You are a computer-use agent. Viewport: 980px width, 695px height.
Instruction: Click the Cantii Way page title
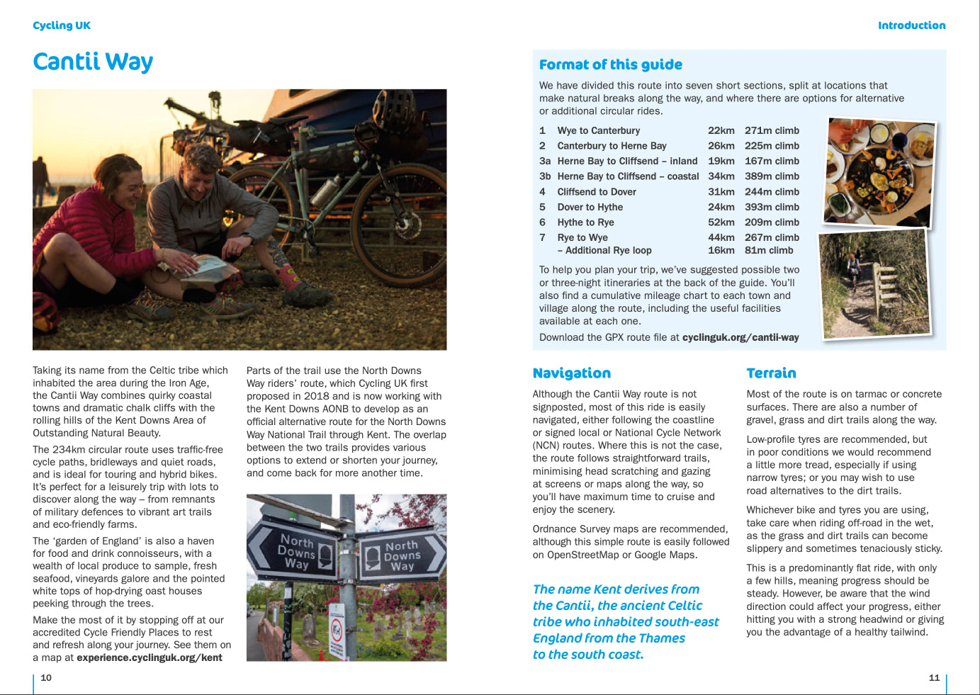click(x=93, y=62)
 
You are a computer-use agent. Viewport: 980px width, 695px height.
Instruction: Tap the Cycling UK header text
click(x=62, y=26)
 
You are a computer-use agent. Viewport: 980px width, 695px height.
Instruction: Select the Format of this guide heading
click(x=610, y=64)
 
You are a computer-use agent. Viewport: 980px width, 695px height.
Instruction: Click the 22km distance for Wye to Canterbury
click(x=721, y=130)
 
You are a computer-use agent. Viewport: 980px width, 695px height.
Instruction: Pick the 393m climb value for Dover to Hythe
click(x=772, y=207)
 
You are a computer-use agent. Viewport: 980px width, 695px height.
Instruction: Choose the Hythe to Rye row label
click(x=585, y=222)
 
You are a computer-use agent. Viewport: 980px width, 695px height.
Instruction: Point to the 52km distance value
click(x=721, y=222)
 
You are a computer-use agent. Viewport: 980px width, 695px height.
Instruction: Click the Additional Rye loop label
click(x=608, y=250)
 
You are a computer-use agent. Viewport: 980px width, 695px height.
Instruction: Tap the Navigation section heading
click(x=571, y=373)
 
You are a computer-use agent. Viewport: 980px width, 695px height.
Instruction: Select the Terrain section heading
click(x=771, y=373)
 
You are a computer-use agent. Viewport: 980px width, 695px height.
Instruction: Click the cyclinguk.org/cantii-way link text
click(x=740, y=337)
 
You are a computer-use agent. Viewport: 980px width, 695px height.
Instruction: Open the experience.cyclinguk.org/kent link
click(x=149, y=657)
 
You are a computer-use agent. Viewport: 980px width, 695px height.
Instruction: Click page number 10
click(x=46, y=678)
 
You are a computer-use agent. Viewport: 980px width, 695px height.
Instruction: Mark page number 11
click(x=934, y=678)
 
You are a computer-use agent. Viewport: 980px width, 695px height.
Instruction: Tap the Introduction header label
click(x=911, y=26)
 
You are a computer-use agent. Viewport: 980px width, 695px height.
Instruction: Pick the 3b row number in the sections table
click(x=544, y=176)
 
